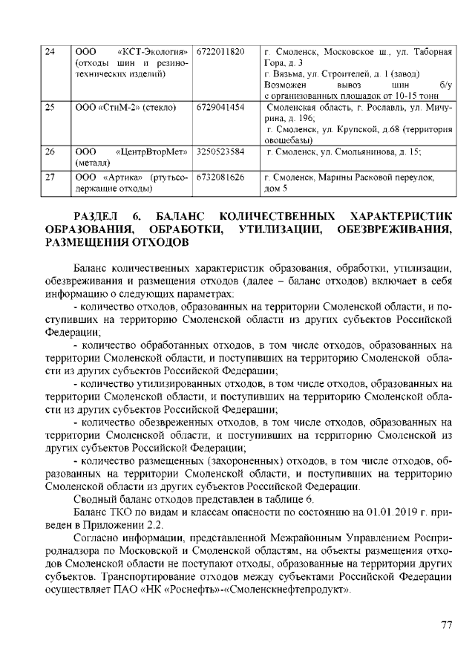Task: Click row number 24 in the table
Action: [x=50, y=51]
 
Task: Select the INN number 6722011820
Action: [x=220, y=51]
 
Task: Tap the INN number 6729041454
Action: [x=220, y=108]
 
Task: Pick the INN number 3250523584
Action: [x=220, y=151]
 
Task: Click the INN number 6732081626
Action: [x=220, y=178]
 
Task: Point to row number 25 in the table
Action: [x=50, y=108]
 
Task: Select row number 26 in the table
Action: [x=50, y=151]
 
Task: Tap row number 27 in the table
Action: [x=50, y=178]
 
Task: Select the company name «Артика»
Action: [x=122, y=178]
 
